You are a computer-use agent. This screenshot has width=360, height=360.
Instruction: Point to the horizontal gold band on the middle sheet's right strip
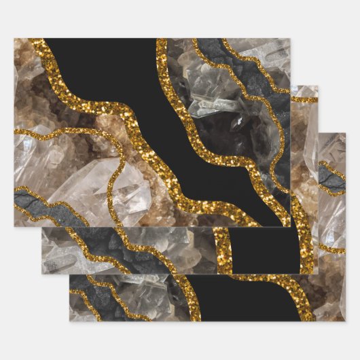(x=304, y=100)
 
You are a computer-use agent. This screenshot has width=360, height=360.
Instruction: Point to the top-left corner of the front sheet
(x=14, y=39)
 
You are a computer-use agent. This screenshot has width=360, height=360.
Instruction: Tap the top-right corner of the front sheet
(x=290, y=39)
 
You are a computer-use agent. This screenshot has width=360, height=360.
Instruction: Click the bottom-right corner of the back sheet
(x=345, y=321)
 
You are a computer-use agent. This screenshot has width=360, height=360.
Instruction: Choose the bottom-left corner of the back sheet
(x=69, y=321)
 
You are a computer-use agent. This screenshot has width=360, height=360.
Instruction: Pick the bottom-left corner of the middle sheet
(x=41, y=274)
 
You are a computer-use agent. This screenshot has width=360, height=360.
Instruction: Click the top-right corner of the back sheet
(x=345, y=133)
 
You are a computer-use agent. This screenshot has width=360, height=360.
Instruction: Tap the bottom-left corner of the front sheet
(x=14, y=226)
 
